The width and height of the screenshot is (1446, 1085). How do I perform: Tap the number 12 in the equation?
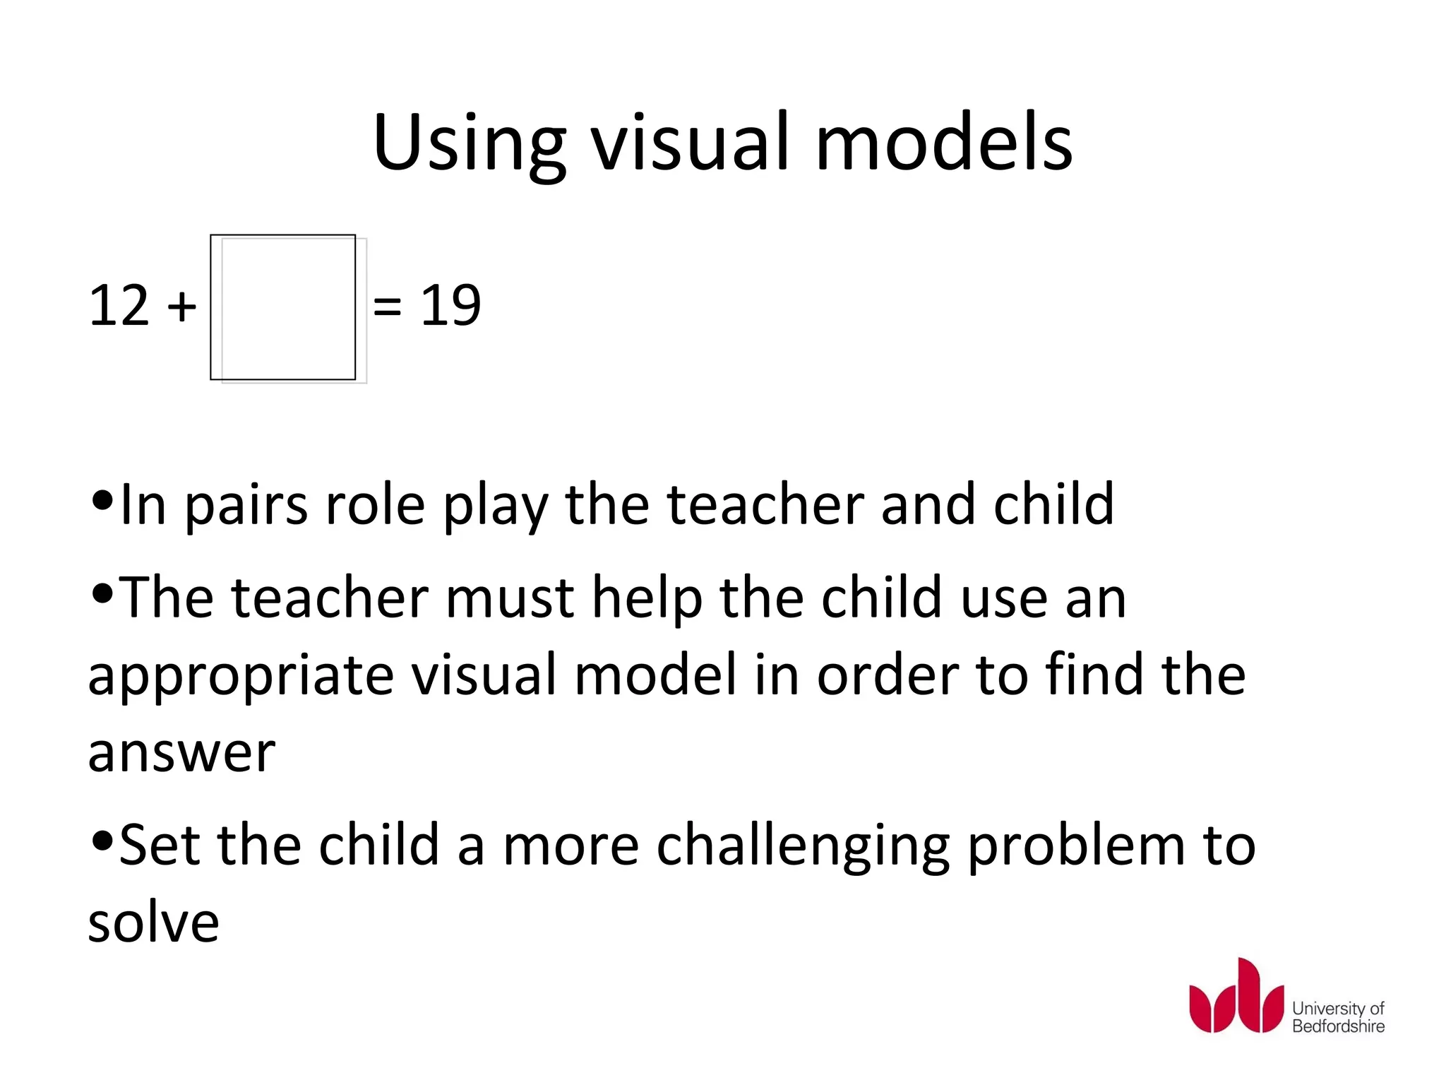(x=119, y=305)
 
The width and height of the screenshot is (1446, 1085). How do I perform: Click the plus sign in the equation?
(x=181, y=307)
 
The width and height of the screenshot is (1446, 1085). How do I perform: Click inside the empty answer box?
(x=284, y=307)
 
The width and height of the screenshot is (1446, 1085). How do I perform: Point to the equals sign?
(x=387, y=307)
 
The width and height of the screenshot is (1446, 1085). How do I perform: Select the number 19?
(x=450, y=305)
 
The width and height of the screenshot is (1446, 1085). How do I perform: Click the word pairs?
(x=246, y=506)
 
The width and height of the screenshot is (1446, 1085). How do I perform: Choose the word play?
(x=495, y=506)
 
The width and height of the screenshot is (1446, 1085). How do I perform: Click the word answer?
(x=181, y=753)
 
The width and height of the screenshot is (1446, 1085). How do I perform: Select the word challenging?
(x=803, y=847)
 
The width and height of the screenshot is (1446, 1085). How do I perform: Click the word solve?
(x=153, y=922)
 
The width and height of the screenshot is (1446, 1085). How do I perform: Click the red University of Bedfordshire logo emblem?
(x=1236, y=997)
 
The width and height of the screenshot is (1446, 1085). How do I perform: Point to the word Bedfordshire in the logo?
(x=1338, y=1026)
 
